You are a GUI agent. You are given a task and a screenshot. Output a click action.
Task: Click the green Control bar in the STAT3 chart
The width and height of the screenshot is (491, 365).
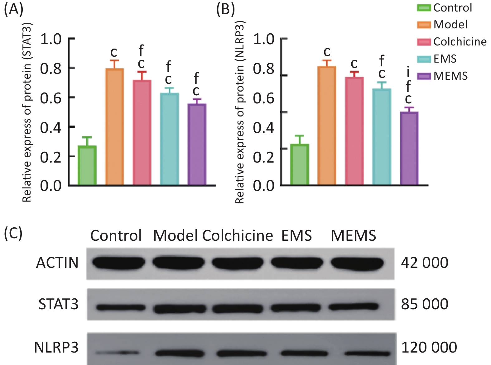pos(87,165)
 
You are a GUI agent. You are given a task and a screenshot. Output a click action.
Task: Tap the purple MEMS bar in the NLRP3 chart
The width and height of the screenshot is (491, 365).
pos(409,149)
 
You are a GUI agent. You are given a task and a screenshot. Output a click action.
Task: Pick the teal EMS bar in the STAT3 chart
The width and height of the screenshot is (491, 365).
pos(169,139)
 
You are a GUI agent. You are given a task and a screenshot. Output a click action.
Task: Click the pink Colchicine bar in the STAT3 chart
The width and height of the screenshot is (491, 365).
pos(142,132)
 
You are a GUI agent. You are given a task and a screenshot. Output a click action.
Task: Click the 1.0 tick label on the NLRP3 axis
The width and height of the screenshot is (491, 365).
pos(263,39)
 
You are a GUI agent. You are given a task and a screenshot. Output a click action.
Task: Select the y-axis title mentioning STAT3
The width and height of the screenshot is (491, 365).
pos(27,112)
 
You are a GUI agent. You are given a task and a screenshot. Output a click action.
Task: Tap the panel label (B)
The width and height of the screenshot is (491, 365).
pos(225,9)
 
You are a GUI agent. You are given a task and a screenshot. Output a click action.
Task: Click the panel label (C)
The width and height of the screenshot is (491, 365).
pos(13,233)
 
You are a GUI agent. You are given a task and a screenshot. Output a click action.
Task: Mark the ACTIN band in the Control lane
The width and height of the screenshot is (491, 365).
pos(116,263)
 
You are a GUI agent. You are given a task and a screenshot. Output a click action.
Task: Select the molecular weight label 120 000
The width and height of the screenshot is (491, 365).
pos(429,347)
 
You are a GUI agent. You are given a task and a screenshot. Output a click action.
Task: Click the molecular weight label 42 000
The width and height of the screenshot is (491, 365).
pos(425,263)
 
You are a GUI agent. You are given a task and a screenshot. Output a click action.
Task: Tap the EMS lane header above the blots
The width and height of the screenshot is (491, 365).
pos(296,235)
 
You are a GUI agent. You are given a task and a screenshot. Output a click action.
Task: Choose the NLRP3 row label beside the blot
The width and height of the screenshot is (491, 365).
pos(56,347)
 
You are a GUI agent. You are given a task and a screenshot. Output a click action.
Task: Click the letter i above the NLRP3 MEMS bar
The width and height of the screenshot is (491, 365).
pos(408,72)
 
